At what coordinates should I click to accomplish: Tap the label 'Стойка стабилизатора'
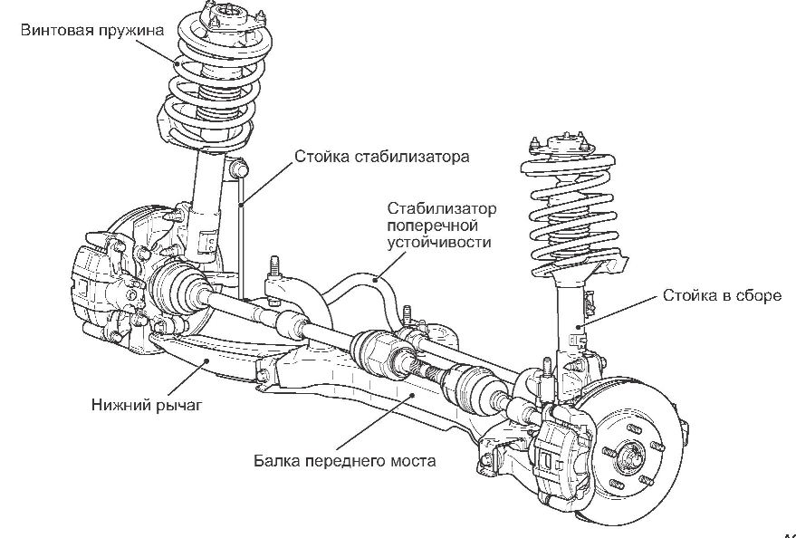coord(381,156)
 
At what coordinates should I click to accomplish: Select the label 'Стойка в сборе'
coord(722,295)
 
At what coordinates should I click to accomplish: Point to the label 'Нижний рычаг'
coord(145,404)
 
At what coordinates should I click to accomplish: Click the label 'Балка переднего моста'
coord(345,460)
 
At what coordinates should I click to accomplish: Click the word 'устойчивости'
coord(438,243)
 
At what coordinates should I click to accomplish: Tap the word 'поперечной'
coord(431,226)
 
